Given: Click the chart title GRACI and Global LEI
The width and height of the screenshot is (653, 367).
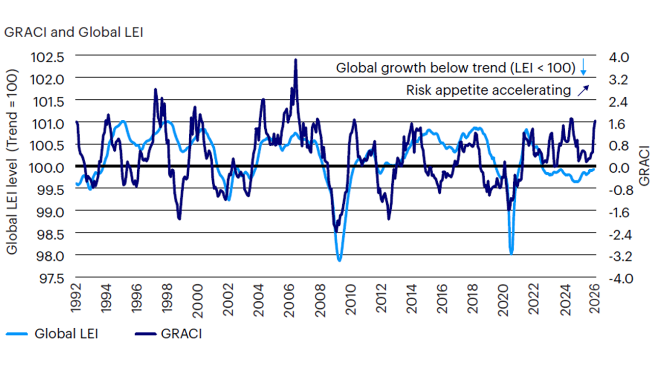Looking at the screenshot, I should click(73, 32).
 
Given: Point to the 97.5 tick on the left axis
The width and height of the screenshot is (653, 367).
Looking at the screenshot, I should click(50, 278).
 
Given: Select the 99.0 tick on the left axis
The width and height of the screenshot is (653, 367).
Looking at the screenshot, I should click(50, 211).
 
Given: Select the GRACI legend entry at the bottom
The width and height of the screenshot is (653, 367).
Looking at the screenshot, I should click(181, 334).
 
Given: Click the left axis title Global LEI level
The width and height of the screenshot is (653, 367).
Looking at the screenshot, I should click(12, 162).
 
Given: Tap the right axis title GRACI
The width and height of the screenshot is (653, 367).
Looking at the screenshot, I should click(644, 166).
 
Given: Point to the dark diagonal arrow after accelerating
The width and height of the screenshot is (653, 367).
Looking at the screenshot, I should click(583, 90).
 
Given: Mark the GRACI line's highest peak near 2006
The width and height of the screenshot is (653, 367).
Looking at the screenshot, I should click(295, 60).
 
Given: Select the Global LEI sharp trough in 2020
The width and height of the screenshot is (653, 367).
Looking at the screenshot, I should click(511, 253).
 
